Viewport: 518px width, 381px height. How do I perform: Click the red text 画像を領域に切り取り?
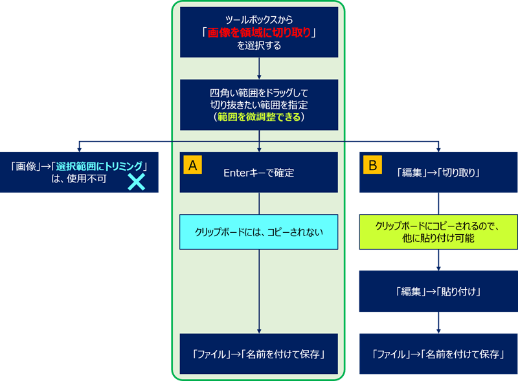point(259,33)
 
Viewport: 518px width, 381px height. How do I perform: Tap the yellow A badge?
point(192,165)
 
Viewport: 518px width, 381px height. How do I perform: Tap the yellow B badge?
point(372,165)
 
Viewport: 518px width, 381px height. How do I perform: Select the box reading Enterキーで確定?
point(259,173)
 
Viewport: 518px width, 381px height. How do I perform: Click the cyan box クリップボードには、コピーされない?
point(259,232)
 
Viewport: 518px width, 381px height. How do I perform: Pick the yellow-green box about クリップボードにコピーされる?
point(438,232)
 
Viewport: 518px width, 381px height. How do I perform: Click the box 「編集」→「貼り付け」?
point(438,291)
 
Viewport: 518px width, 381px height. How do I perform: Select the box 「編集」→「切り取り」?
point(438,173)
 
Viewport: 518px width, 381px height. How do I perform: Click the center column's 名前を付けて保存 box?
point(259,353)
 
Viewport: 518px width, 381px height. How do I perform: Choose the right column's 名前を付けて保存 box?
point(438,353)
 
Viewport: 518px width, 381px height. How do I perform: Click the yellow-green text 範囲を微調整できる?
point(259,118)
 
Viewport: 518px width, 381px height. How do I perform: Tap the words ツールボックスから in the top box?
point(259,19)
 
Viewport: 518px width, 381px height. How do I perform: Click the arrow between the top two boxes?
point(259,68)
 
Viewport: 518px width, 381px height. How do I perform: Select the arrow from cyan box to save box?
point(259,291)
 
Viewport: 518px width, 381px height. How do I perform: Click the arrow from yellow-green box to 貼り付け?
point(438,260)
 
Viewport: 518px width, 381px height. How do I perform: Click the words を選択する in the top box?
point(259,46)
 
